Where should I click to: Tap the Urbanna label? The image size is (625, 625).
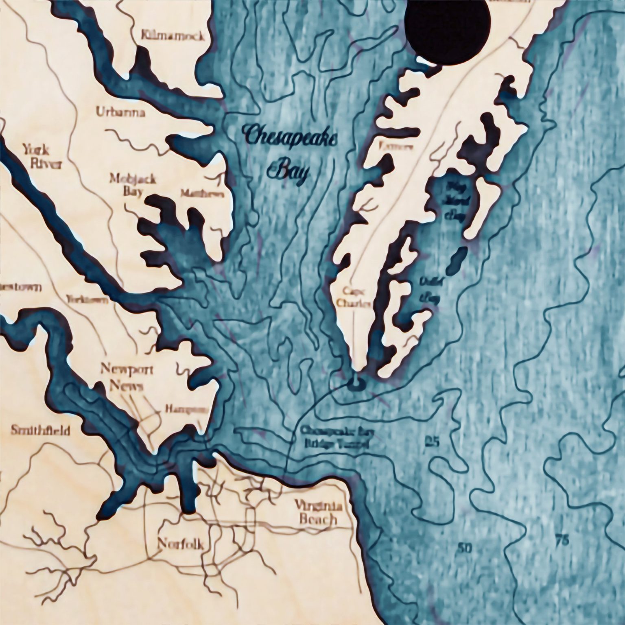coord(120,112)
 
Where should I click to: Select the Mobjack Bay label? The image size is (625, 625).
coord(127,184)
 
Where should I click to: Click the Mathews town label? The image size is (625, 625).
coord(202,194)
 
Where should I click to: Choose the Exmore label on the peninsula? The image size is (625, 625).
coord(396,147)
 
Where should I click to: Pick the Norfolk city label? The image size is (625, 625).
coord(180,543)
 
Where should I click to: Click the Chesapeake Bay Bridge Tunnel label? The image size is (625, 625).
coord(334,437)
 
